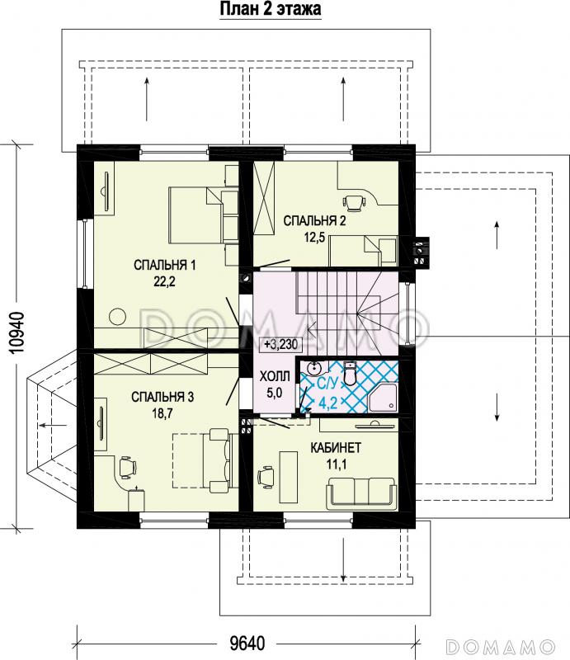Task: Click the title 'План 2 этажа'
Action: [271, 9]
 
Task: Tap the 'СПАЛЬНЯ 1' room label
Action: [165, 265]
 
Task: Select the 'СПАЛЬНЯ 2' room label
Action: [314, 220]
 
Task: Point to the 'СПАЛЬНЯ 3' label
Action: [163, 397]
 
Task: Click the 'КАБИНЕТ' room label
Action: [336, 447]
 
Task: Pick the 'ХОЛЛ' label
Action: [275, 376]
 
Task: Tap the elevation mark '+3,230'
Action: [280, 344]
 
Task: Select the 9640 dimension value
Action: [247, 643]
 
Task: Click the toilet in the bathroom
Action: [350, 373]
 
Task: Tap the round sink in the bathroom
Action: [314, 368]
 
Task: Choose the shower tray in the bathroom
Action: [383, 397]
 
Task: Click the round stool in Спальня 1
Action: [117, 317]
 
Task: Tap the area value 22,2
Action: [164, 281]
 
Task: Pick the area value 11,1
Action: [336, 464]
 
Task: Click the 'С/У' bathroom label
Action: [327, 384]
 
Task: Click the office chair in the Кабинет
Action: [265, 476]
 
